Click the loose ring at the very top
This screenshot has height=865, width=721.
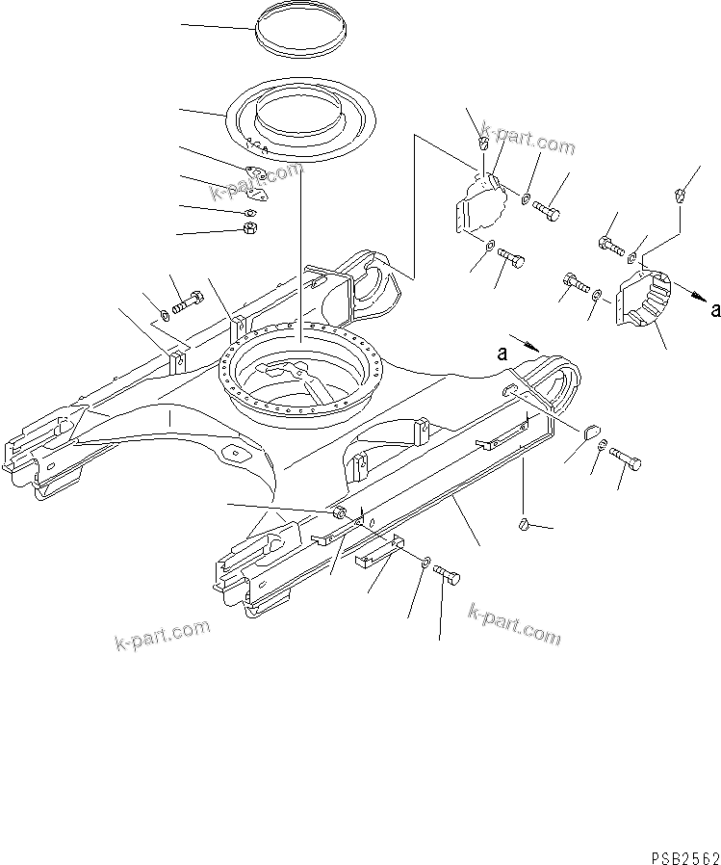tap(300, 34)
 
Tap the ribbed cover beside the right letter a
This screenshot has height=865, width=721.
tap(642, 302)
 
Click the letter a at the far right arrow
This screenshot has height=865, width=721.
tap(713, 310)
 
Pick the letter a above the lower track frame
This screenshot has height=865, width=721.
tap(503, 354)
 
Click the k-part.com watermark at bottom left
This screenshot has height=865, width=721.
tap(161, 634)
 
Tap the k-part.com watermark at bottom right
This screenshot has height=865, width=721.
tap(514, 623)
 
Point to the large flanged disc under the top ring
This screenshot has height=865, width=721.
tap(300, 118)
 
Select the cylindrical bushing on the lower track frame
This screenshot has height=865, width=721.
tap(340, 515)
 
